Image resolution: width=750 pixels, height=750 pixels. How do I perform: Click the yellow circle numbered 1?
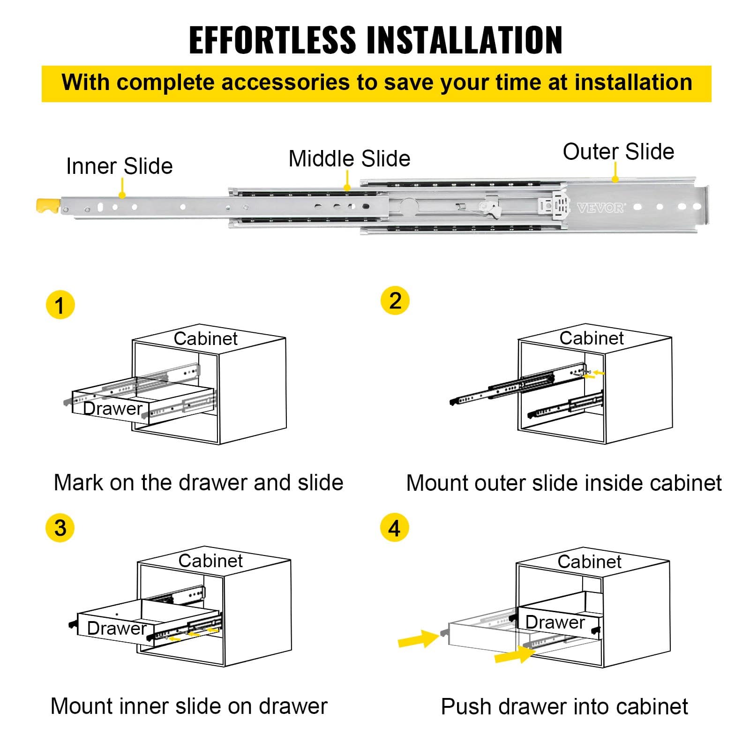coord(60,305)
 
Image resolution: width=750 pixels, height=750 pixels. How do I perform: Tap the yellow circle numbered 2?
coord(395,300)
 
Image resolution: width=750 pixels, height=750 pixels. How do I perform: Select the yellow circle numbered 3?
coord(60,528)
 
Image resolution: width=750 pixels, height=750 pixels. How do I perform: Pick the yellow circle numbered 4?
coord(394,528)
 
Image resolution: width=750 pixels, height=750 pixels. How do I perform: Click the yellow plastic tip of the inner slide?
coord(48,206)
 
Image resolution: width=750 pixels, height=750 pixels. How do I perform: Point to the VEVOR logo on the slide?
coord(600,208)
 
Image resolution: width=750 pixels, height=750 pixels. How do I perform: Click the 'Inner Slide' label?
coord(119,166)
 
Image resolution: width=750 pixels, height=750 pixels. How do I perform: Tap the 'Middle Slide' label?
coord(349,158)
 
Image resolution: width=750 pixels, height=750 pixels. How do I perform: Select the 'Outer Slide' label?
coord(618,152)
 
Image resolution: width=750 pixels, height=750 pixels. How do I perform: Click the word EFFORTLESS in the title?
coord(272,40)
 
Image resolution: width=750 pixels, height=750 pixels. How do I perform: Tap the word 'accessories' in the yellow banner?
coord(285,82)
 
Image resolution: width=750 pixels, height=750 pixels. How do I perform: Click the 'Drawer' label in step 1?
coord(112,409)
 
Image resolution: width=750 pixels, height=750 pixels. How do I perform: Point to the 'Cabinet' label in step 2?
coord(591,338)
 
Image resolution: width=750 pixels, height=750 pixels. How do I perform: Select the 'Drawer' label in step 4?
coord(555,622)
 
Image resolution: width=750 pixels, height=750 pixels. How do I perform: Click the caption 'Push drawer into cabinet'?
coord(564,707)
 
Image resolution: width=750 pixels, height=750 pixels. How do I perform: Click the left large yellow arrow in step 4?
coord(417,639)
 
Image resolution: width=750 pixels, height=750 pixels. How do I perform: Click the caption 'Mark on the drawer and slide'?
coord(198,483)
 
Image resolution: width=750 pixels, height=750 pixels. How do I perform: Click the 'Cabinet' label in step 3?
coord(210,561)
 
